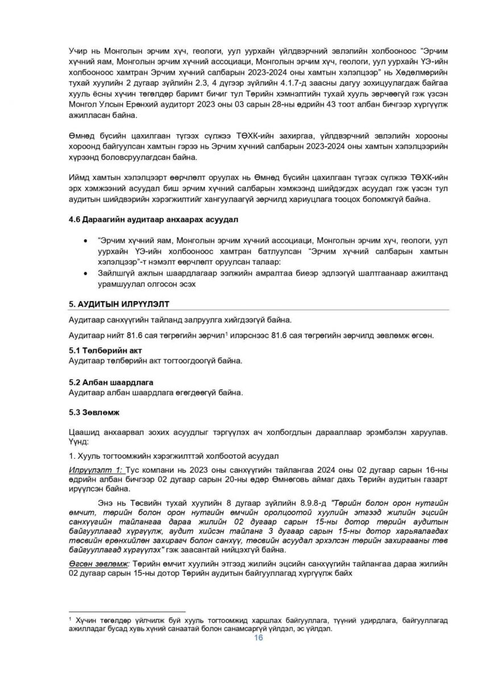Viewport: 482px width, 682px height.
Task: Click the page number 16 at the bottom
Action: (x=258, y=638)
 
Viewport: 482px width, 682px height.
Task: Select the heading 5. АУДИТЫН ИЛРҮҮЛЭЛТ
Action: (x=118, y=305)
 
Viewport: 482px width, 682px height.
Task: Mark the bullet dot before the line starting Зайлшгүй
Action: (x=85, y=273)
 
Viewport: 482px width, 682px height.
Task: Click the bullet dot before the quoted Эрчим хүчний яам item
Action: (x=85, y=241)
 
